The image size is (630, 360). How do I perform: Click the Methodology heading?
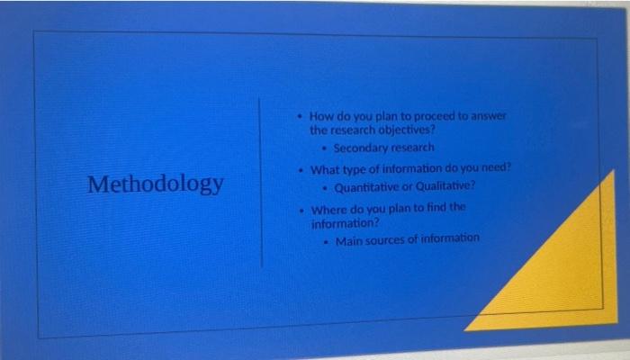[x=156, y=184]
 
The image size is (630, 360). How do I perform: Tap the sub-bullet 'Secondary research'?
[x=383, y=148]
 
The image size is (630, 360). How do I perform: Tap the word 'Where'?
[x=330, y=209]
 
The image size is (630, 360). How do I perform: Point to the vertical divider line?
[x=262, y=180]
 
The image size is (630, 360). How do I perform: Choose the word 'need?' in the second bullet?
[x=493, y=168]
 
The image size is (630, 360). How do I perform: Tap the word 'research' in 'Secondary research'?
[x=411, y=148]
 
